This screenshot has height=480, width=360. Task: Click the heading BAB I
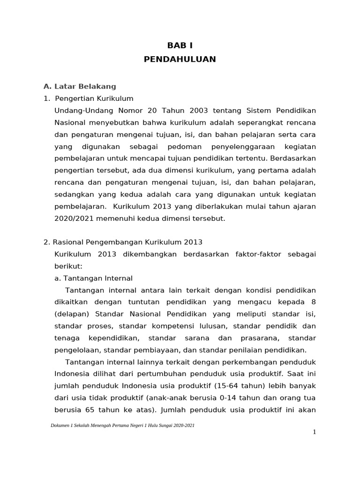pos(180,45)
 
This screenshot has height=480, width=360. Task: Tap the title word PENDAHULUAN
pos(180,59)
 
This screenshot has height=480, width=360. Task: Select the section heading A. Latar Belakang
pos(80,86)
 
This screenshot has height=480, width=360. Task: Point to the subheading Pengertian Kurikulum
pos(94,98)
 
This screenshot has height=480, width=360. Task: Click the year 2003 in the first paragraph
pos(199,111)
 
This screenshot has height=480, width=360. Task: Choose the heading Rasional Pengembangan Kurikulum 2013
pos(127,242)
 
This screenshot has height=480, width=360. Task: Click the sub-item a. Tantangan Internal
pos(94,278)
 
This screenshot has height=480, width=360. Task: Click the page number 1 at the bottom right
pos(315,432)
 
